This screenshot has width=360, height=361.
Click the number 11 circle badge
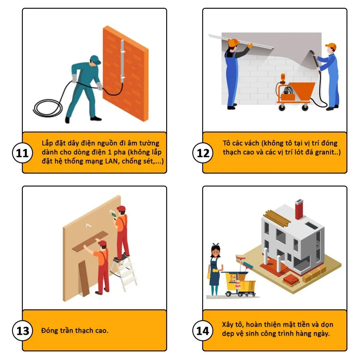pyautogui.click(x=23, y=153)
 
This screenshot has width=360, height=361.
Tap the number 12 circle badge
pyautogui.click(x=203, y=153)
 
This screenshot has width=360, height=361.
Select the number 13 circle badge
pyautogui.click(x=23, y=331)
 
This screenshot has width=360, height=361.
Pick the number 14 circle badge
pyautogui.click(x=203, y=331)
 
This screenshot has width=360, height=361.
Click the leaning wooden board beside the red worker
pyautogui.click(x=84, y=279)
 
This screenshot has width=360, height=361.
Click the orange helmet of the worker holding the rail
pyautogui.click(x=233, y=42)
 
